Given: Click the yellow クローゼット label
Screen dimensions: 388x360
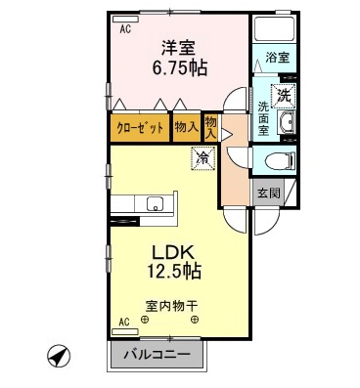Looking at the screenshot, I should click(x=141, y=128).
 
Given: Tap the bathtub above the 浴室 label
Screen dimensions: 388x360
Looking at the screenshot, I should click(x=273, y=28).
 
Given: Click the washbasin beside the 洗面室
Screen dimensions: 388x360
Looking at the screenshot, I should click(x=286, y=123).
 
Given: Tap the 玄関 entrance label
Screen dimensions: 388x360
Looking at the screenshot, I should click(x=268, y=193).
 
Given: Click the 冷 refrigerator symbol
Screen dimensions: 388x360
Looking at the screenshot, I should click(x=202, y=157).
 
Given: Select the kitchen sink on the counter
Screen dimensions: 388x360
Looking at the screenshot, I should click(x=155, y=203).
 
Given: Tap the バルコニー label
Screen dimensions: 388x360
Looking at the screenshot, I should click(x=157, y=354).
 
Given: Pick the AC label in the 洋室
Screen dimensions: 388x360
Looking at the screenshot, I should click(x=125, y=30).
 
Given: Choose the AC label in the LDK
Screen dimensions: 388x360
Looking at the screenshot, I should click(x=124, y=321).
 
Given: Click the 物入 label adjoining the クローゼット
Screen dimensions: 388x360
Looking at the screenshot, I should click(x=186, y=128).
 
